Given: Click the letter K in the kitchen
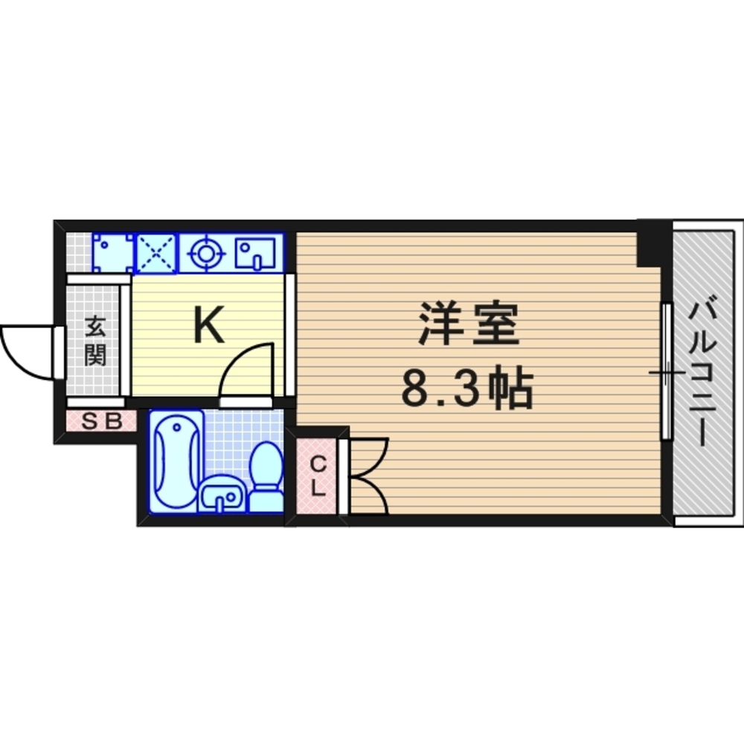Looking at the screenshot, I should [x=209, y=325].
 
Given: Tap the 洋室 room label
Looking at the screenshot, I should [x=467, y=324].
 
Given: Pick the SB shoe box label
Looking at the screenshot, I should [x=101, y=421].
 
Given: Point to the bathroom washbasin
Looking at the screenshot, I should [x=221, y=495].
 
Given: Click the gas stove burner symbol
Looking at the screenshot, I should [x=205, y=254].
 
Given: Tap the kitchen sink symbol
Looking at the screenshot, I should [x=254, y=254].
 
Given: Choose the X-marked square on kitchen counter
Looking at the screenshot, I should [x=157, y=254].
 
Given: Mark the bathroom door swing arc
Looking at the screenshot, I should [x=246, y=368].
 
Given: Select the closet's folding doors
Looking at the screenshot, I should [x=368, y=476].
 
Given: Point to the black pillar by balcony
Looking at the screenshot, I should [x=650, y=241].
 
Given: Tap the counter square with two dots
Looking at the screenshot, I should [x=112, y=254].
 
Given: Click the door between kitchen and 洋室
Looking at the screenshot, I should [x=290, y=335].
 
